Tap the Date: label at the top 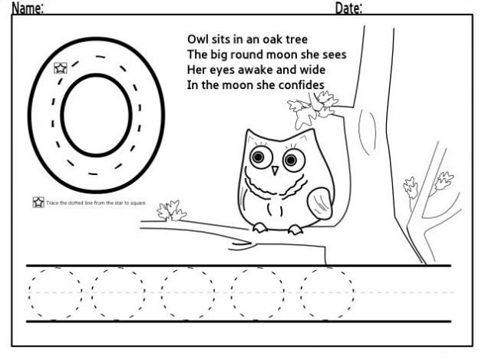pos(349,8)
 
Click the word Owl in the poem pos(198,38)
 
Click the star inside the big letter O pos(60,68)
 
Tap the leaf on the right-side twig pos(443,182)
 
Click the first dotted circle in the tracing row pos(54,292)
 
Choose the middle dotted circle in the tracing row pos(187,292)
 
